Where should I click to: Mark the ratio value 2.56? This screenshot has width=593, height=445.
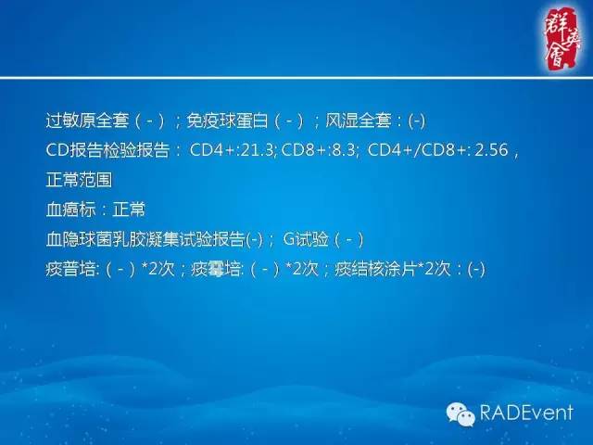[490, 150]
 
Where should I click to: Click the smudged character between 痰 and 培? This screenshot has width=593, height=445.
[217, 269]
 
